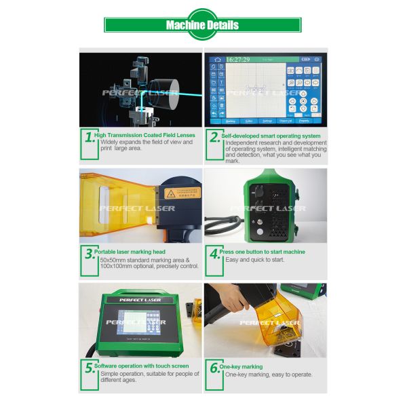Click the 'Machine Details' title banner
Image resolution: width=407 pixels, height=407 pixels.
tap(202, 25)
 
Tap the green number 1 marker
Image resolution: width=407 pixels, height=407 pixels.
tap(88, 137)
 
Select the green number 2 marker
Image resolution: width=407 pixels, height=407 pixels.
tap(214, 137)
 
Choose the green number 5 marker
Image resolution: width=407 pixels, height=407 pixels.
tap(88, 368)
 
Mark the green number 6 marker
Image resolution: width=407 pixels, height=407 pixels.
tap(214, 368)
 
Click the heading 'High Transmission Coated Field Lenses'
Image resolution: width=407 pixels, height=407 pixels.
tap(144, 135)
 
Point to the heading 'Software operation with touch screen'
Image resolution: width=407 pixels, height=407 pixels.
tap(141, 366)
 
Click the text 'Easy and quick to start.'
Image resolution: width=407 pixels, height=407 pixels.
tap(255, 260)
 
